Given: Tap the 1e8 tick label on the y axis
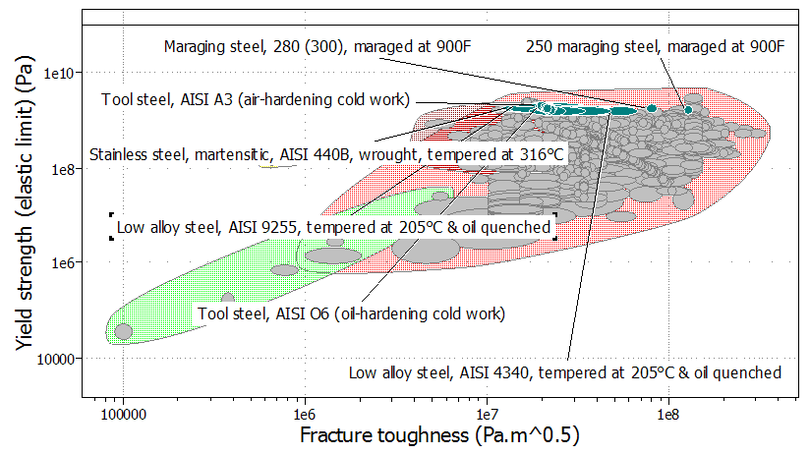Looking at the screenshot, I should pyautogui.click(x=61, y=169).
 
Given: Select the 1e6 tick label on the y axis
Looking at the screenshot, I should pyautogui.click(x=61, y=263).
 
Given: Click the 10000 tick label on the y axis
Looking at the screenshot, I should pyautogui.click(x=56, y=359).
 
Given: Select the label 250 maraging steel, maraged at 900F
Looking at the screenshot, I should pyautogui.click(x=656, y=46).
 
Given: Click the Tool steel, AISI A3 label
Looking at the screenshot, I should pyautogui.click(x=256, y=99).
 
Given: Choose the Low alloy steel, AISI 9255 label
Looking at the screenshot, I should pyautogui.click(x=332, y=228).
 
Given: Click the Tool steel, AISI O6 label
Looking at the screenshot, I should pyautogui.click(x=351, y=314).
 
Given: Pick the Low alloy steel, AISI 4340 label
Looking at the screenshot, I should pyautogui.click(x=565, y=372).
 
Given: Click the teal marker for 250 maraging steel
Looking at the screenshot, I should pyautogui.click(x=688, y=108).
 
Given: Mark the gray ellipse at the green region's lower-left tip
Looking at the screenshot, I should pyautogui.click(x=123, y=332).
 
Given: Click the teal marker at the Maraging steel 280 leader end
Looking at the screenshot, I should pyautogui.click(x=651, y=107).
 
